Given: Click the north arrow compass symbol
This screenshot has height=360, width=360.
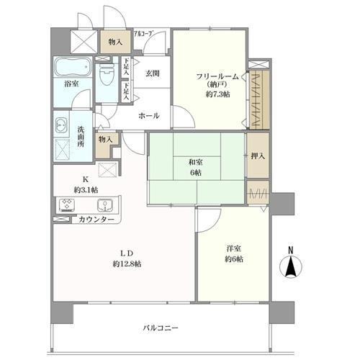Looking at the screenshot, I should pos(291,267).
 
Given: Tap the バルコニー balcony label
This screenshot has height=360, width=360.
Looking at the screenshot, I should pos(161,328).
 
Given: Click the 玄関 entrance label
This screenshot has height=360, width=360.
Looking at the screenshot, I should pos(152,73).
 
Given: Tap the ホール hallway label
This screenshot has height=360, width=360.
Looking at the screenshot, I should pos(150,115).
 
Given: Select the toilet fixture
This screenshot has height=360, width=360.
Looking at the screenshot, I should pos(106,76).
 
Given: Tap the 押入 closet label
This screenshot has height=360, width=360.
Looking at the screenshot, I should pos(256,156).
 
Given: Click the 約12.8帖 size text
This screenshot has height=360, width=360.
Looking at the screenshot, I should pos(126,264).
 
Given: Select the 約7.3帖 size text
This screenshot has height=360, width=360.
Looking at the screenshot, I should pos(217,94).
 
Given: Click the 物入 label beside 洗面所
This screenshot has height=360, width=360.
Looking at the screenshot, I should pos(105,138).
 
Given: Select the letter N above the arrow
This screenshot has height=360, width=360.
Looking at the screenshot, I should pos(291,251).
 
